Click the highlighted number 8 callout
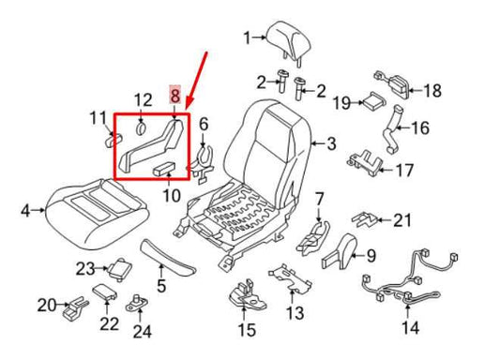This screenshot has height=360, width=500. click(x=174, y=96)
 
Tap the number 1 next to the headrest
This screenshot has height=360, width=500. click(x=248, y=38)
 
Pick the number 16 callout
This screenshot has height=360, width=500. click(x=419, y=126)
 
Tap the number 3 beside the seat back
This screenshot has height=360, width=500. click(x=329, y=143)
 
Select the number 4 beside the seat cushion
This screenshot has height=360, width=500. click(x=25, y=210)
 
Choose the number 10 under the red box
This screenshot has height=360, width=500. click(x=170, y=195)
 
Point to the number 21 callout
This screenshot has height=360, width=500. click(x=402, y=220)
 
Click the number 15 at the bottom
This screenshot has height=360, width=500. click(x=246, y=330)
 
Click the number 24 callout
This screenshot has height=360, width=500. click(x=141, y=330)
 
